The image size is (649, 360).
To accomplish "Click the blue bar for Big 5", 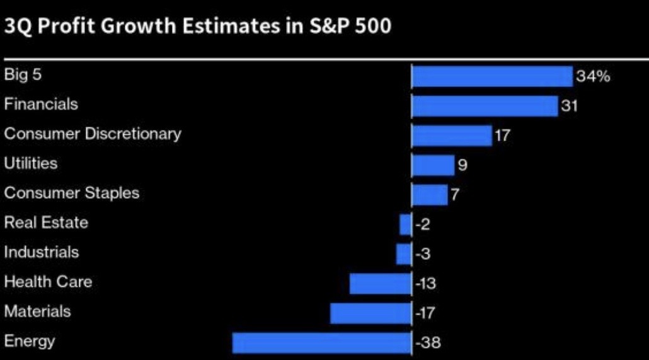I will point(492,76).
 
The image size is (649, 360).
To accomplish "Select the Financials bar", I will point(485,106).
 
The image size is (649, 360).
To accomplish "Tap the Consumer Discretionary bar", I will point(452,136).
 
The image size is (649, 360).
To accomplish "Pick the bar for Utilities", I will point(433,165).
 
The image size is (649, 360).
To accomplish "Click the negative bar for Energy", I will point(321,343).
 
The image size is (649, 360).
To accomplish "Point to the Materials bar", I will point(370,313).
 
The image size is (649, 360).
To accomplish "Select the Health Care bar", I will point(381,284).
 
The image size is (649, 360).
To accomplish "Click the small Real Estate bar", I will point(406,224).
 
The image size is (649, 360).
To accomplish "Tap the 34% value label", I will point(593,77).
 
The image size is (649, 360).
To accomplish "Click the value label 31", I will point(569,106).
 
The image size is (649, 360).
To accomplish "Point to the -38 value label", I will point(428,343).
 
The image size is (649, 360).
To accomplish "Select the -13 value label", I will point(426,284).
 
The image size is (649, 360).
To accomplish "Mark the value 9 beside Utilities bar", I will point(462,165).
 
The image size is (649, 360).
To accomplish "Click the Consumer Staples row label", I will point(72,193).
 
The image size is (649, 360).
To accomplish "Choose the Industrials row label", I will point(42,252).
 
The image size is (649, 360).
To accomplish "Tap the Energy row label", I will point(30,342).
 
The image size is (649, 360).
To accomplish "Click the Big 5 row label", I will point(23,74).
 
